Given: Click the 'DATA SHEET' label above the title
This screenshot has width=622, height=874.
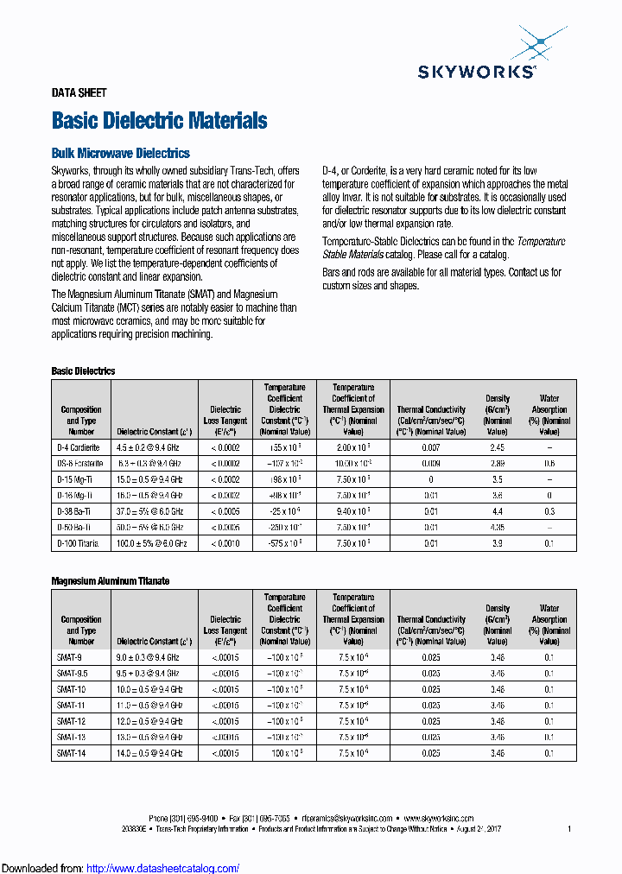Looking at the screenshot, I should (79, 93).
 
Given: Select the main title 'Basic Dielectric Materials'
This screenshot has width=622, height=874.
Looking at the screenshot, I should (159, 121).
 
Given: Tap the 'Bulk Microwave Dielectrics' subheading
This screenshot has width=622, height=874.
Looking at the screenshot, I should (120, 153).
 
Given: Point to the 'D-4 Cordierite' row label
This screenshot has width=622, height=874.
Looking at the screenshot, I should (79, 448).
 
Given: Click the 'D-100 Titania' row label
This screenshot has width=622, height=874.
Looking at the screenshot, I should (79, 543).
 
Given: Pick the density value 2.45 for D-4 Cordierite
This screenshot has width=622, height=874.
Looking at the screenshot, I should (497, 448).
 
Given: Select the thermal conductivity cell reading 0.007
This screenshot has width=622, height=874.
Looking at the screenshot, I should (430, 448).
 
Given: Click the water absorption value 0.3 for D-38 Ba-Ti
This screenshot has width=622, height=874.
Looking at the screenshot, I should (549, 511).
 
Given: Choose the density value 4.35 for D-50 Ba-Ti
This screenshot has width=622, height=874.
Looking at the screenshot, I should (497, 527).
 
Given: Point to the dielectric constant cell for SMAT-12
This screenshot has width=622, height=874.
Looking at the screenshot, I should (152, 721).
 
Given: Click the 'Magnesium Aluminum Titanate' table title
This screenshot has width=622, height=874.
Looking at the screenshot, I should (111, 581).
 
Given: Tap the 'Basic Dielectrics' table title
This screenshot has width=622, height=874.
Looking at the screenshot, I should (83, 371).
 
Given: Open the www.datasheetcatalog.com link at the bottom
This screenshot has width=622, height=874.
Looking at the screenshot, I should (163, 868).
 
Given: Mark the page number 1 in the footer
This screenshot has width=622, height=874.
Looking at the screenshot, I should (569, 828).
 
